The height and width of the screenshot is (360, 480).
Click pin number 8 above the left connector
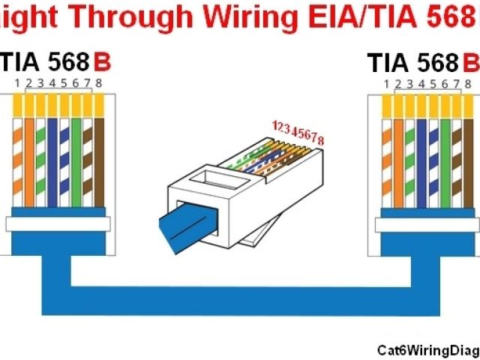[98, 83]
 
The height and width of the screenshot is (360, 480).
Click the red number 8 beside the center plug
[322, 142]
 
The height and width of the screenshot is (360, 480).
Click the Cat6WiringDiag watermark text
[427, 349]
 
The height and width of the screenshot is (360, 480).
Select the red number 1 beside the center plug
[275, 123]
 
